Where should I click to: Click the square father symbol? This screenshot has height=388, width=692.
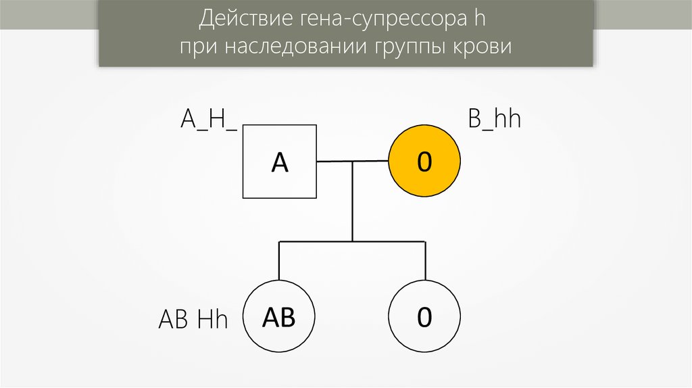tap(280, 162)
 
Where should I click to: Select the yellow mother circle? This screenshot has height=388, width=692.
tap(424, 162)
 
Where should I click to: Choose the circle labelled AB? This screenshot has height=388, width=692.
tap(279, 316)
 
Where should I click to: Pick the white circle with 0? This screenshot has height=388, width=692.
tap(424, 316)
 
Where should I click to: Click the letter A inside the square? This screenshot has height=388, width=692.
tap(280, 162)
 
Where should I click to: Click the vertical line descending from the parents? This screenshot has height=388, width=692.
tap(352, 203)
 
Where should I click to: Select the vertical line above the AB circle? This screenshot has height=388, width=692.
tap(279, 260)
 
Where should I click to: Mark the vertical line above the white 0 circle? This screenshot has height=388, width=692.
tap(425, 260)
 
